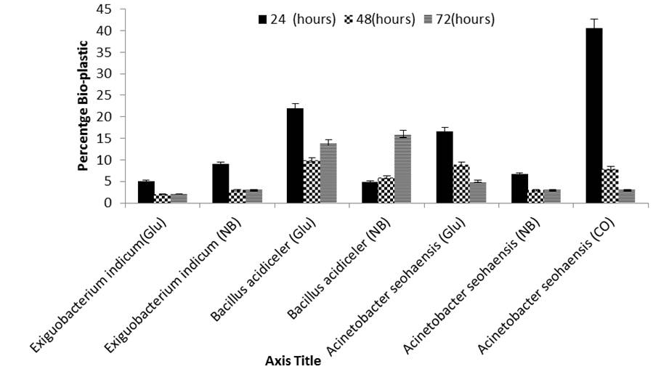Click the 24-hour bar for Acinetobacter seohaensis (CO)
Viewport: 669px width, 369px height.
point(594,115)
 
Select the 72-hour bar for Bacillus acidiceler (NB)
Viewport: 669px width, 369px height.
point(402,169)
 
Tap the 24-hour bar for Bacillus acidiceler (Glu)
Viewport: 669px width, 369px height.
point(295,155)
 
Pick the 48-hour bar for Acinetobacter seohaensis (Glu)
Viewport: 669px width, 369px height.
point(461,184)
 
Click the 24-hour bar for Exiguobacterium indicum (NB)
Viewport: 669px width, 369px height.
point(221,184)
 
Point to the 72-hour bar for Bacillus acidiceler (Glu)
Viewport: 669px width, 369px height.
point(328,173)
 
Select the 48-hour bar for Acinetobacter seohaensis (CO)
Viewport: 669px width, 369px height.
point(610,186)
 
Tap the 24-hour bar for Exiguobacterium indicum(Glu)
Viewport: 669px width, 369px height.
point(146,192)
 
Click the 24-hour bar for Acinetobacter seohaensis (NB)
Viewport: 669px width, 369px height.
point(519,189)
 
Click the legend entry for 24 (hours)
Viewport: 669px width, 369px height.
point(297,19)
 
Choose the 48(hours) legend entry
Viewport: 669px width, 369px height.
point(379,19)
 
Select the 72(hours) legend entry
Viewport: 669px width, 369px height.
point(459,19)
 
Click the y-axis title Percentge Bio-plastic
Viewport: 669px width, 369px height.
point(84,106)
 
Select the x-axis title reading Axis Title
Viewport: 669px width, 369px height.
point(293,361)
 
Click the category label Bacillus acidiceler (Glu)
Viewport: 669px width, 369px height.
point(263,270)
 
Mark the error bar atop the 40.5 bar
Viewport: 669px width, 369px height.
point(594,24)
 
